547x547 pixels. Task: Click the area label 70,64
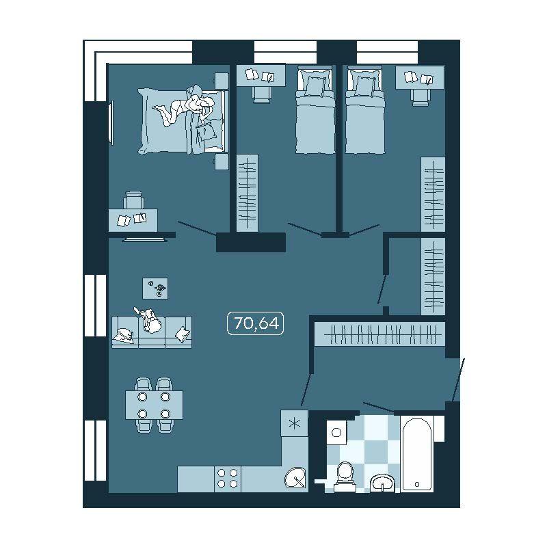pyautogui.click(x=256, y=323)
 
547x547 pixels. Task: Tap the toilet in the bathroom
pyautogui.click(x=345, y=477)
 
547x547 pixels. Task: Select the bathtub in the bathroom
pyautogui.click(x=417, y=454)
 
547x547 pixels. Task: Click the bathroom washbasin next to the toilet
pyautogui.click(x=382, y=483)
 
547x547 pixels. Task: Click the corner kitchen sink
pyautogui.click(x=296, y=477)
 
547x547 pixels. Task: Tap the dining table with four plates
pyautogui.click(x=155, y=405)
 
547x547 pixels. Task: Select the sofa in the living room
pyautogui.click(x=152, y=332)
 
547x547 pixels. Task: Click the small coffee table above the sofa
pyautogui.click(x=155, y=288)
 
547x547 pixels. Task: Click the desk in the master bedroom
pyautogui.click(x=133, y=219)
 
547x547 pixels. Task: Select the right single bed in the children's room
pyautogui.click(x=365, y=111)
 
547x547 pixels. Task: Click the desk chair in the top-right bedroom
pyautogui.click(x=420, y=96)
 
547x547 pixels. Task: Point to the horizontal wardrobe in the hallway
pyautogui.click(x=379, y=334)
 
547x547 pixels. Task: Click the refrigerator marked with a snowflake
pyautogui.click(x=295, y=423)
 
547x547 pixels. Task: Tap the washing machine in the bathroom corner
pyautogui.click(x=336, y=432)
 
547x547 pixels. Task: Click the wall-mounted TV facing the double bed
pyautogui.click(x=111, y=122)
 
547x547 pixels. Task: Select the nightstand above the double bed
pyautogui.click(x=221, y=81)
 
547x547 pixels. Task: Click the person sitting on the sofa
pyautogui.click(x=150, y=321)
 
